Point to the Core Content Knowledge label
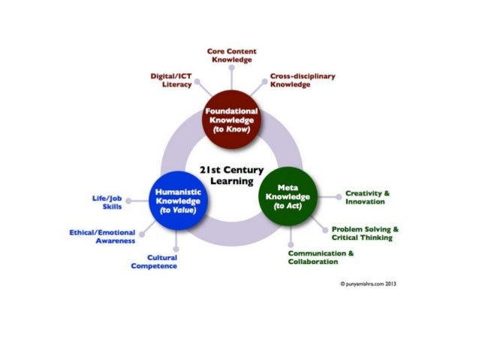point(231,55)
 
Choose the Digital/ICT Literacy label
point(172,80)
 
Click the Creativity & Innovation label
point(367,198)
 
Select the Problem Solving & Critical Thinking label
point(365,233)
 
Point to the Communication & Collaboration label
point(321,257)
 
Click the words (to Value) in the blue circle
point(177,210)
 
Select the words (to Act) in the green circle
point(285,206)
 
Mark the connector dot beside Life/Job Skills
point(128,201)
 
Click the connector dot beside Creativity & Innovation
point(337,197)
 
